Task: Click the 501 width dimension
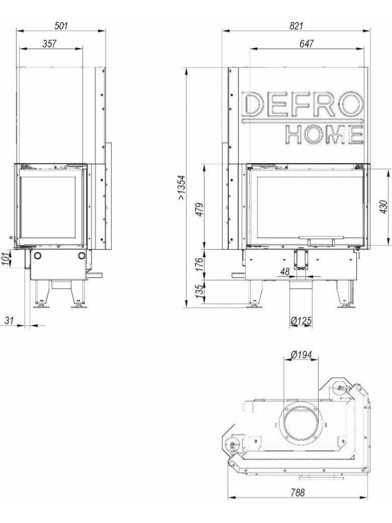(61, 25)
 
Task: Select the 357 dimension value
(49, 43)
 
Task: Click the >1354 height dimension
(181, 188)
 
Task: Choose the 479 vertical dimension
(199, 210)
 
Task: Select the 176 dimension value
(199, 264)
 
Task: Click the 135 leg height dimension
(199, 291)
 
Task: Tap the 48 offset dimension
(285, 272)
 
